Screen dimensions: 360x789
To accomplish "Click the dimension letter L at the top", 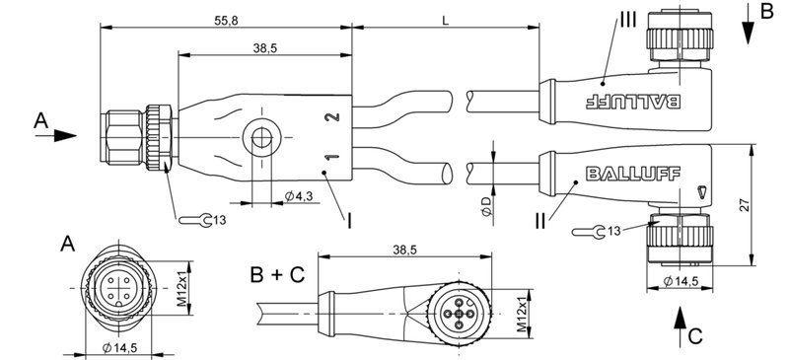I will tap(447, 21).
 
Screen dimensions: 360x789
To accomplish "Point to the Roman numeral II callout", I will tap(539, 223).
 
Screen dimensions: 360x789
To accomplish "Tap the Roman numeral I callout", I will tap(350, 223).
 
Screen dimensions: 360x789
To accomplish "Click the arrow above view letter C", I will tap(681, 322).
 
